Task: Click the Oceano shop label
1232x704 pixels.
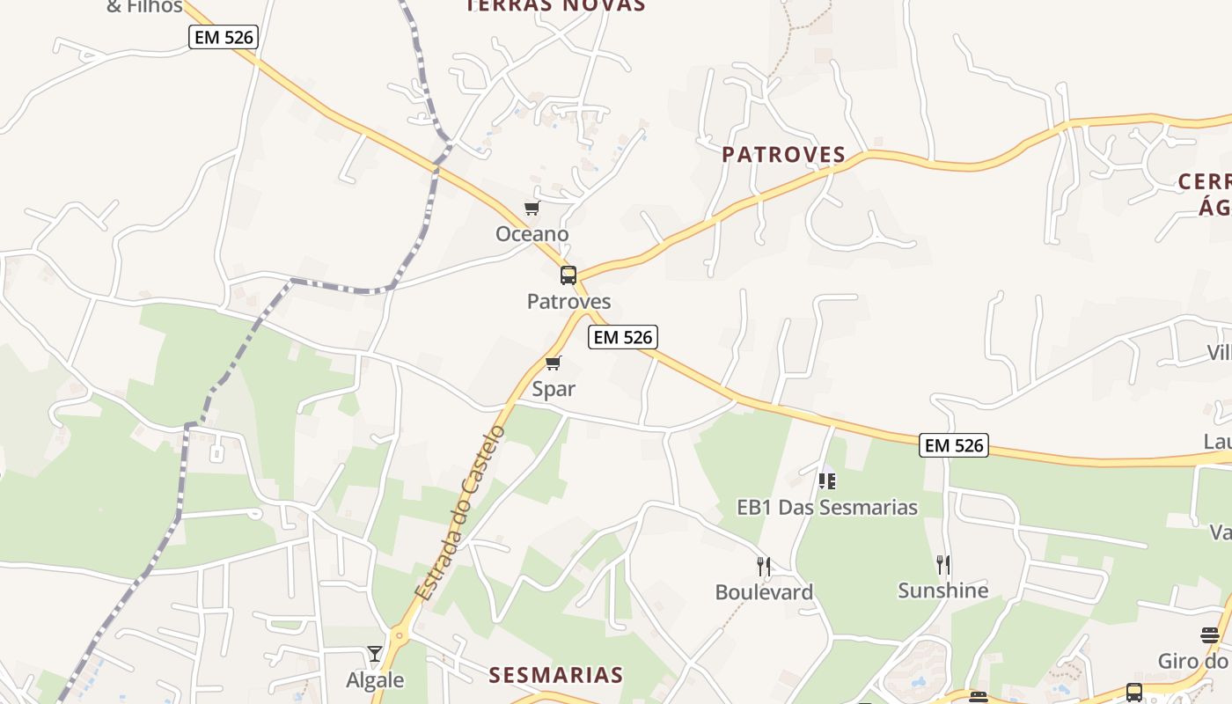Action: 532,234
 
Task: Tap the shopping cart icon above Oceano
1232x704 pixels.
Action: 532,209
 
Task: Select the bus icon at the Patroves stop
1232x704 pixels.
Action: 568,275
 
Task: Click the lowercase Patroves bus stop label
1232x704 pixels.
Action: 568,302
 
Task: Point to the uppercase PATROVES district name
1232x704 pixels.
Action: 784,155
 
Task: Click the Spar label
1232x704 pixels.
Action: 554,389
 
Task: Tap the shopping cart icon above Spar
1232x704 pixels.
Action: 554,363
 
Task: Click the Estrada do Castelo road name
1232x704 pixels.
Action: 460,513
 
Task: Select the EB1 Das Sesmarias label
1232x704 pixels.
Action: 827,508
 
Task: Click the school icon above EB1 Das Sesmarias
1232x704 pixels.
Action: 827,480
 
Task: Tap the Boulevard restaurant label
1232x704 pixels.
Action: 764,592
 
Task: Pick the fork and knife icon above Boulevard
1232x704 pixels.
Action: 764,566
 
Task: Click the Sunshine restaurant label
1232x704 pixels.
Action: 943,590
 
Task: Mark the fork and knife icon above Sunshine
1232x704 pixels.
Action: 943,564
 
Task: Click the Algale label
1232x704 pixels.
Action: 375,680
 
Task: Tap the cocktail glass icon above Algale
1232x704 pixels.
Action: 375,654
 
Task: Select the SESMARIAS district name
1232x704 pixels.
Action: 556,675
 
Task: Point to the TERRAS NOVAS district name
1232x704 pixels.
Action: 556,5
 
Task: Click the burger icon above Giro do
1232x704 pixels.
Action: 1209,635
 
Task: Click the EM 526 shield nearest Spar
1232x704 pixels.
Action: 623,337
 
